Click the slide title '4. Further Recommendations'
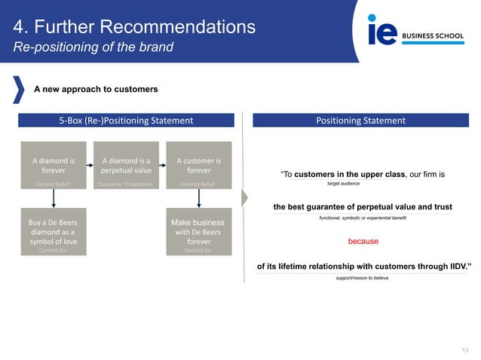[134, 27]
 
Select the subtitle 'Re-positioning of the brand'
[93, 47]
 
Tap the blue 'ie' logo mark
[381, 32]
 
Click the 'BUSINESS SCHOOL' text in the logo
[434, 35]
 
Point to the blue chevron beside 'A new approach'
[18, 89]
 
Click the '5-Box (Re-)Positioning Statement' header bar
[126, 121]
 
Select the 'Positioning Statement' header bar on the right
[360, 121]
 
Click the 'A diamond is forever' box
[53, 165]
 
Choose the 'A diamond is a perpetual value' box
[126, 165]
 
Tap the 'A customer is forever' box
[198, 165]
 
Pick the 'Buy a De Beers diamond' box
[53, 232]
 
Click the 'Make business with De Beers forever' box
[198, 232]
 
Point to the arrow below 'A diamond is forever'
[53, 198]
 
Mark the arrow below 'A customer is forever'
[198, 198]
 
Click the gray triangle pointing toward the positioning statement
[244, 198]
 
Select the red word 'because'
[363, 242]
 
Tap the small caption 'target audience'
[343, 183]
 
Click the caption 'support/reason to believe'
[363, 278]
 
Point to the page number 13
[464, 349]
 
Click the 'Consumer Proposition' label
[126, 184]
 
